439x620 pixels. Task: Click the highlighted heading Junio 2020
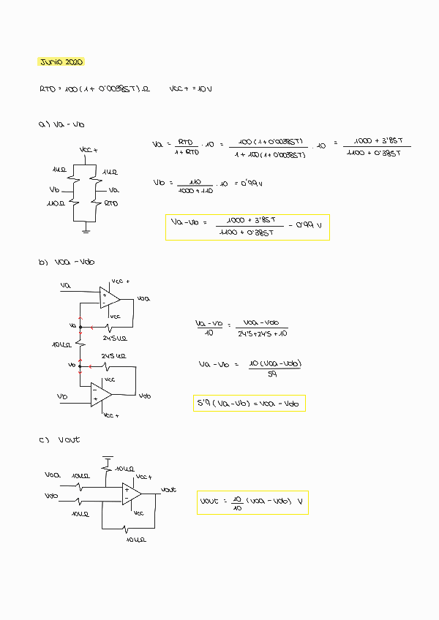pos(61,62)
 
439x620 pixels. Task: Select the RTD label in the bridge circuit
pos(110,203)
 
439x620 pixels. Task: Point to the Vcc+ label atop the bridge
pos(88,150)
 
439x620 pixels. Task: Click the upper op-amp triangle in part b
pos(110,297)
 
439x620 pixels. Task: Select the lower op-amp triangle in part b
pos(100,395)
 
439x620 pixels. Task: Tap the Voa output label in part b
pos(143,298)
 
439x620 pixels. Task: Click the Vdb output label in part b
pos(145,396)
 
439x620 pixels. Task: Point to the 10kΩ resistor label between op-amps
pos(62,344)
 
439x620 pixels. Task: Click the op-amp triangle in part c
pos(132,494)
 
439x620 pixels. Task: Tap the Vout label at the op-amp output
pos(168,489)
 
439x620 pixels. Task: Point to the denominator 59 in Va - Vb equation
pos(272,375)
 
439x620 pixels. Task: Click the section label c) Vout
pos(59,440)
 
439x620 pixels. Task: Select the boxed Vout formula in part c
pos(252,503)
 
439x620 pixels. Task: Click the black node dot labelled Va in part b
pos(80,325)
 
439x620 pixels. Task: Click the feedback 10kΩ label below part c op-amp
pos(135,540)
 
